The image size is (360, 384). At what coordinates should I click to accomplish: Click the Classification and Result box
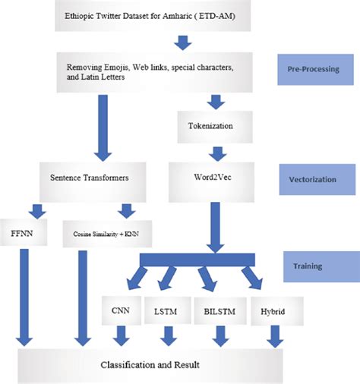pyautogui.click(x=150, y=365)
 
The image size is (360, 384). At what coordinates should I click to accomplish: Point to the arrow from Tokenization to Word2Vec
pyautogui.click(x=216, y=151)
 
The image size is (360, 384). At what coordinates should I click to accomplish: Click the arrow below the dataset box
pyautogui.click(x=180, y=40)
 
